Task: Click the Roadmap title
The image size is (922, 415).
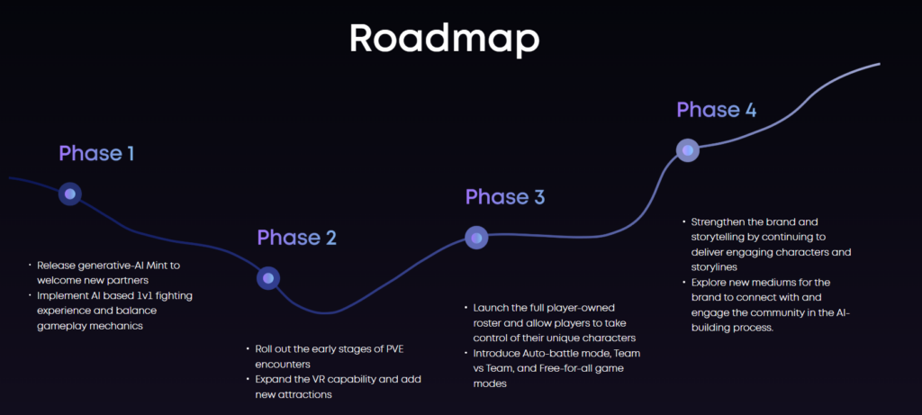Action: pyautogui.click(x=444, y=40)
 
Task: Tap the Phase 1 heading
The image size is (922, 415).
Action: pyautogui.click(x=96, y=153)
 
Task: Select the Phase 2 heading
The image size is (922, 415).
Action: pyautogui.click(x=297, y=238)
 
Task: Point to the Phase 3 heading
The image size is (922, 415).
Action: pyautogui.click(x=505, y=197)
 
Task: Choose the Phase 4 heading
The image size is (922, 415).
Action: pyautogui.click(x=716, y=110)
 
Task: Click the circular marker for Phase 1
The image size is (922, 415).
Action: pyautogui.click(x=70, y=194)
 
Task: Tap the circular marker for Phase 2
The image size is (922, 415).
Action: pyautogui.click(x=268, y=278)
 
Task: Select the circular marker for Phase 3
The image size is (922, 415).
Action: pyautogui.click(x=476, y=238)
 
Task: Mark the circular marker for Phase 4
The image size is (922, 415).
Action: pyautogui.click(x=687, y=150)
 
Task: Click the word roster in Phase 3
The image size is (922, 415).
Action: pyautogui.click(x=487, y=322)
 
